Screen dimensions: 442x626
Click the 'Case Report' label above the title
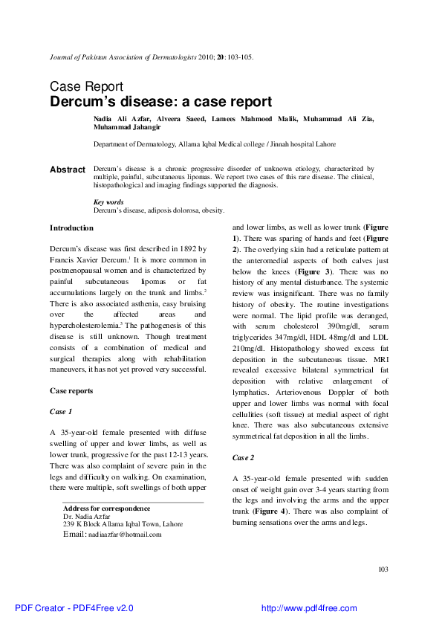[x=86, y=86]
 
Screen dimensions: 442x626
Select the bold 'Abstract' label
[x=68, y=170]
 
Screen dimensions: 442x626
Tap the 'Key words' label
[x=108, y=202]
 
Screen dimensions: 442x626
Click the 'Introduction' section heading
[x=71, y=228]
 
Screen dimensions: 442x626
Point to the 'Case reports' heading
[x=71, y=390]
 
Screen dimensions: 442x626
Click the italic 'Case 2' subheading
[x=244, y=457]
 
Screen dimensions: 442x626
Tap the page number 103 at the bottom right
[x=383, y=569]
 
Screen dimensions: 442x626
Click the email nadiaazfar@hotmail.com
[x=125, y=534]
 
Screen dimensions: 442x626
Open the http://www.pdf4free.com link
[x=309, y=608]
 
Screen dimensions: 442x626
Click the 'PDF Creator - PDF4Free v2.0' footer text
[x=74, y=608]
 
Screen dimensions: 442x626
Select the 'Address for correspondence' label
[x=107, y=509]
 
